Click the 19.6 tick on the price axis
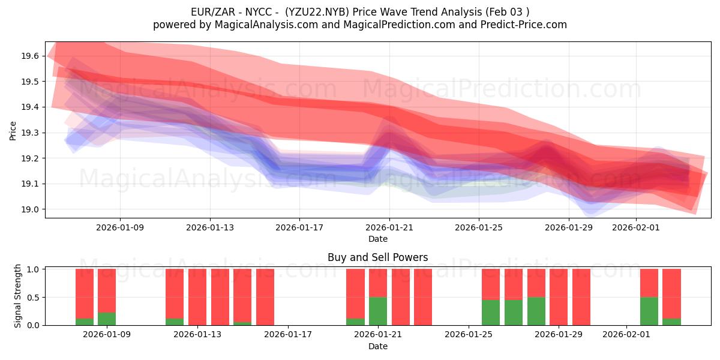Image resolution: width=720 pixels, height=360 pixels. [30, 56]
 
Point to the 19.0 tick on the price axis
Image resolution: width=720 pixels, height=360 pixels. [30, 209]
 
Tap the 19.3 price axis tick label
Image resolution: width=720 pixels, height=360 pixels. [30, 133]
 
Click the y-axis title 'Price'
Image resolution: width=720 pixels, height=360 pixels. [13, 130]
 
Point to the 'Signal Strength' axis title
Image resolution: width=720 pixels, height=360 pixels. [18, 296]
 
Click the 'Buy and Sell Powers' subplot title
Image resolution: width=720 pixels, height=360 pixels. [377, 257]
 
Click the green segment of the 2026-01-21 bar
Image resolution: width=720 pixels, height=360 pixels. [378, 311]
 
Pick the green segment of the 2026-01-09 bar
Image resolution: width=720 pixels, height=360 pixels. [107, 319]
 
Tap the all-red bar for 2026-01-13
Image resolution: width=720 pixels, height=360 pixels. [197, 297]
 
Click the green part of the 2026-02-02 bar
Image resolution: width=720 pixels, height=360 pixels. [649, 311]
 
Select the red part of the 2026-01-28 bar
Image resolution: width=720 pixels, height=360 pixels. [536, 283]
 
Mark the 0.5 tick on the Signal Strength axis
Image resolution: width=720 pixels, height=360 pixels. [35, 297]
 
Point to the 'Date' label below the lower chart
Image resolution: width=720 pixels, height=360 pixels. [377, 346]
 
